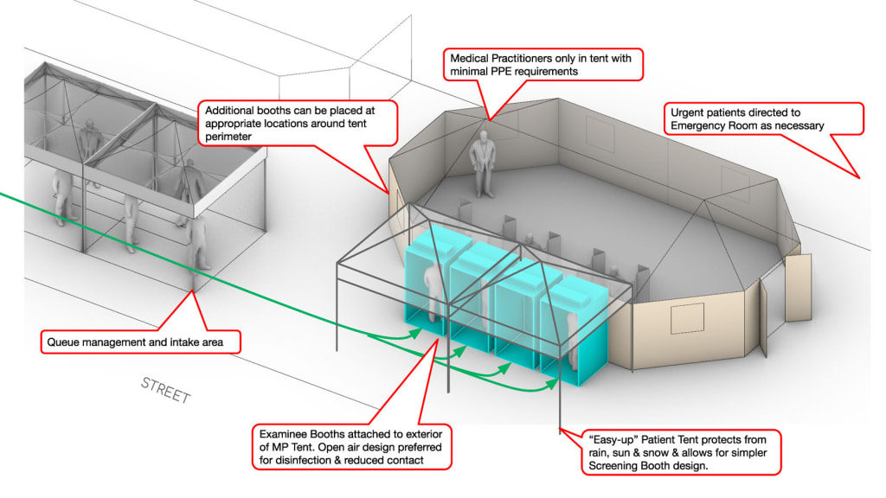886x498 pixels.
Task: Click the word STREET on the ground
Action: coord(164,391)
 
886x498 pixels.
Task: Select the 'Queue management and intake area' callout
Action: coord(140,342)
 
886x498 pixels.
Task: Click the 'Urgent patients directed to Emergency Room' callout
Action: coord(765,118)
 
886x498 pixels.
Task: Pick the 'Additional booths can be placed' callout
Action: coord(298,124)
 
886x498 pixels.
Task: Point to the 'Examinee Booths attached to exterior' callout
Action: coord(353,446)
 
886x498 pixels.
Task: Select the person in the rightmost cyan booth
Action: coord(569,335)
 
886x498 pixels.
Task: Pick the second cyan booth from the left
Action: coord(472,303)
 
